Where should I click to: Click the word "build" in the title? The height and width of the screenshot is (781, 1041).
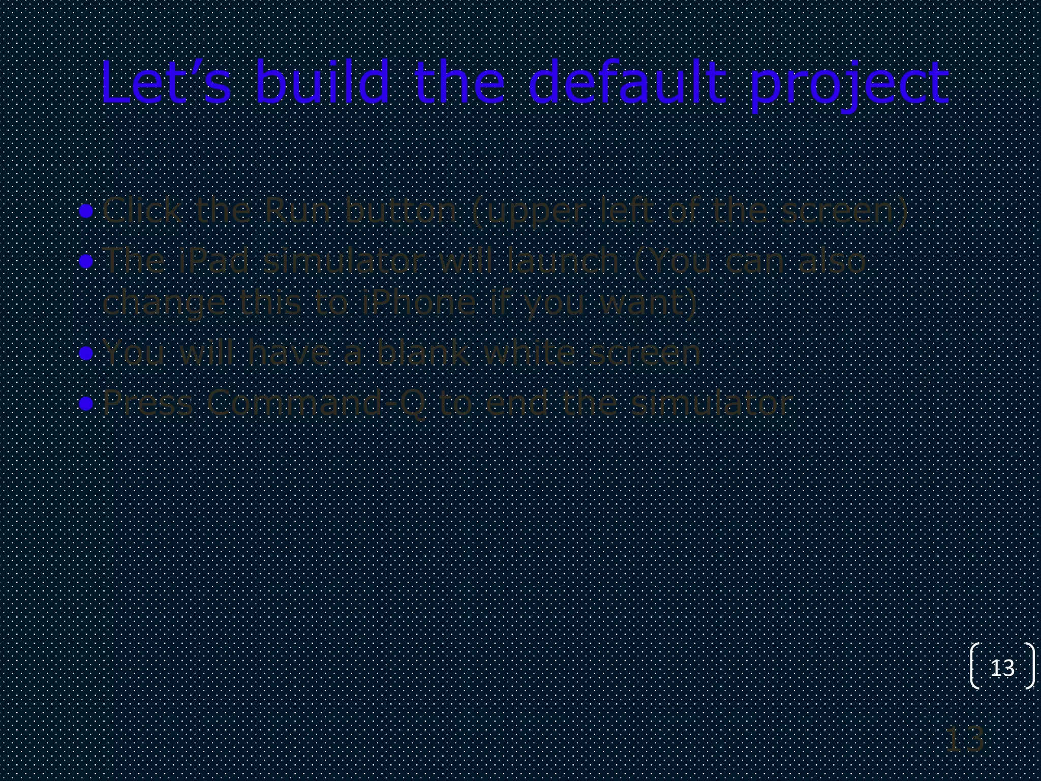(321, 83)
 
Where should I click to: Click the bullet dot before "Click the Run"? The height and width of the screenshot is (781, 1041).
(86, 211)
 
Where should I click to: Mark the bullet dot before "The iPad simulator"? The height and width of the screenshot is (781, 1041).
(86, 261)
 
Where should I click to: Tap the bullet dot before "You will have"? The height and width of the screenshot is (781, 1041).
(86, 353)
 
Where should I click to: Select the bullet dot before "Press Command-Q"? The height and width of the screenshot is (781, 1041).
(86, 404)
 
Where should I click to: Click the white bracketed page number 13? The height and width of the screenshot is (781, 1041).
(1002, 668)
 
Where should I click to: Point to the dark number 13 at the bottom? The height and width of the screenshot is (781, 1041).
(964, 740)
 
